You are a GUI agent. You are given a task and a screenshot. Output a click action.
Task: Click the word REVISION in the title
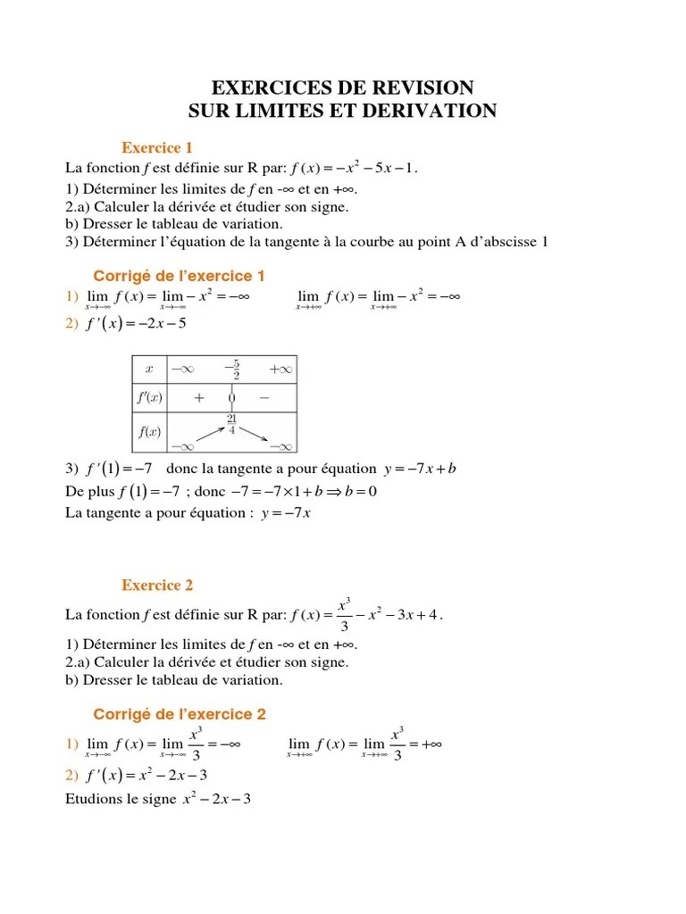420,87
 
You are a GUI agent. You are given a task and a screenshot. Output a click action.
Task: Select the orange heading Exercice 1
157,147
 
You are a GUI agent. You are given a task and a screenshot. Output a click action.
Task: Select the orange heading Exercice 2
157,586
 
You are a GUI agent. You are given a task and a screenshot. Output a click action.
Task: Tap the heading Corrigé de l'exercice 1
179,276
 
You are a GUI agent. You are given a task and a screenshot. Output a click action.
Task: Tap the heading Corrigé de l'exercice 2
179,714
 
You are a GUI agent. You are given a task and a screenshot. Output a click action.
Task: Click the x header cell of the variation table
149,369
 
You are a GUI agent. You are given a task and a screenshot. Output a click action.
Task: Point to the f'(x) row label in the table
149,397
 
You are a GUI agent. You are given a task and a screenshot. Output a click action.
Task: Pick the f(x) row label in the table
149,432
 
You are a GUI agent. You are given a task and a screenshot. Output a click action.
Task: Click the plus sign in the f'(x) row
198,397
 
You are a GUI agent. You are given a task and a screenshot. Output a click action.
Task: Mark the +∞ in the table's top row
280,369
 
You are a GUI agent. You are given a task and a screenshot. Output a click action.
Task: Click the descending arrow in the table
255,434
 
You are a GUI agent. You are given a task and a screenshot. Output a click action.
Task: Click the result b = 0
359,491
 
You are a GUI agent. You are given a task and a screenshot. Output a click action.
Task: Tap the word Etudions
95,799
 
